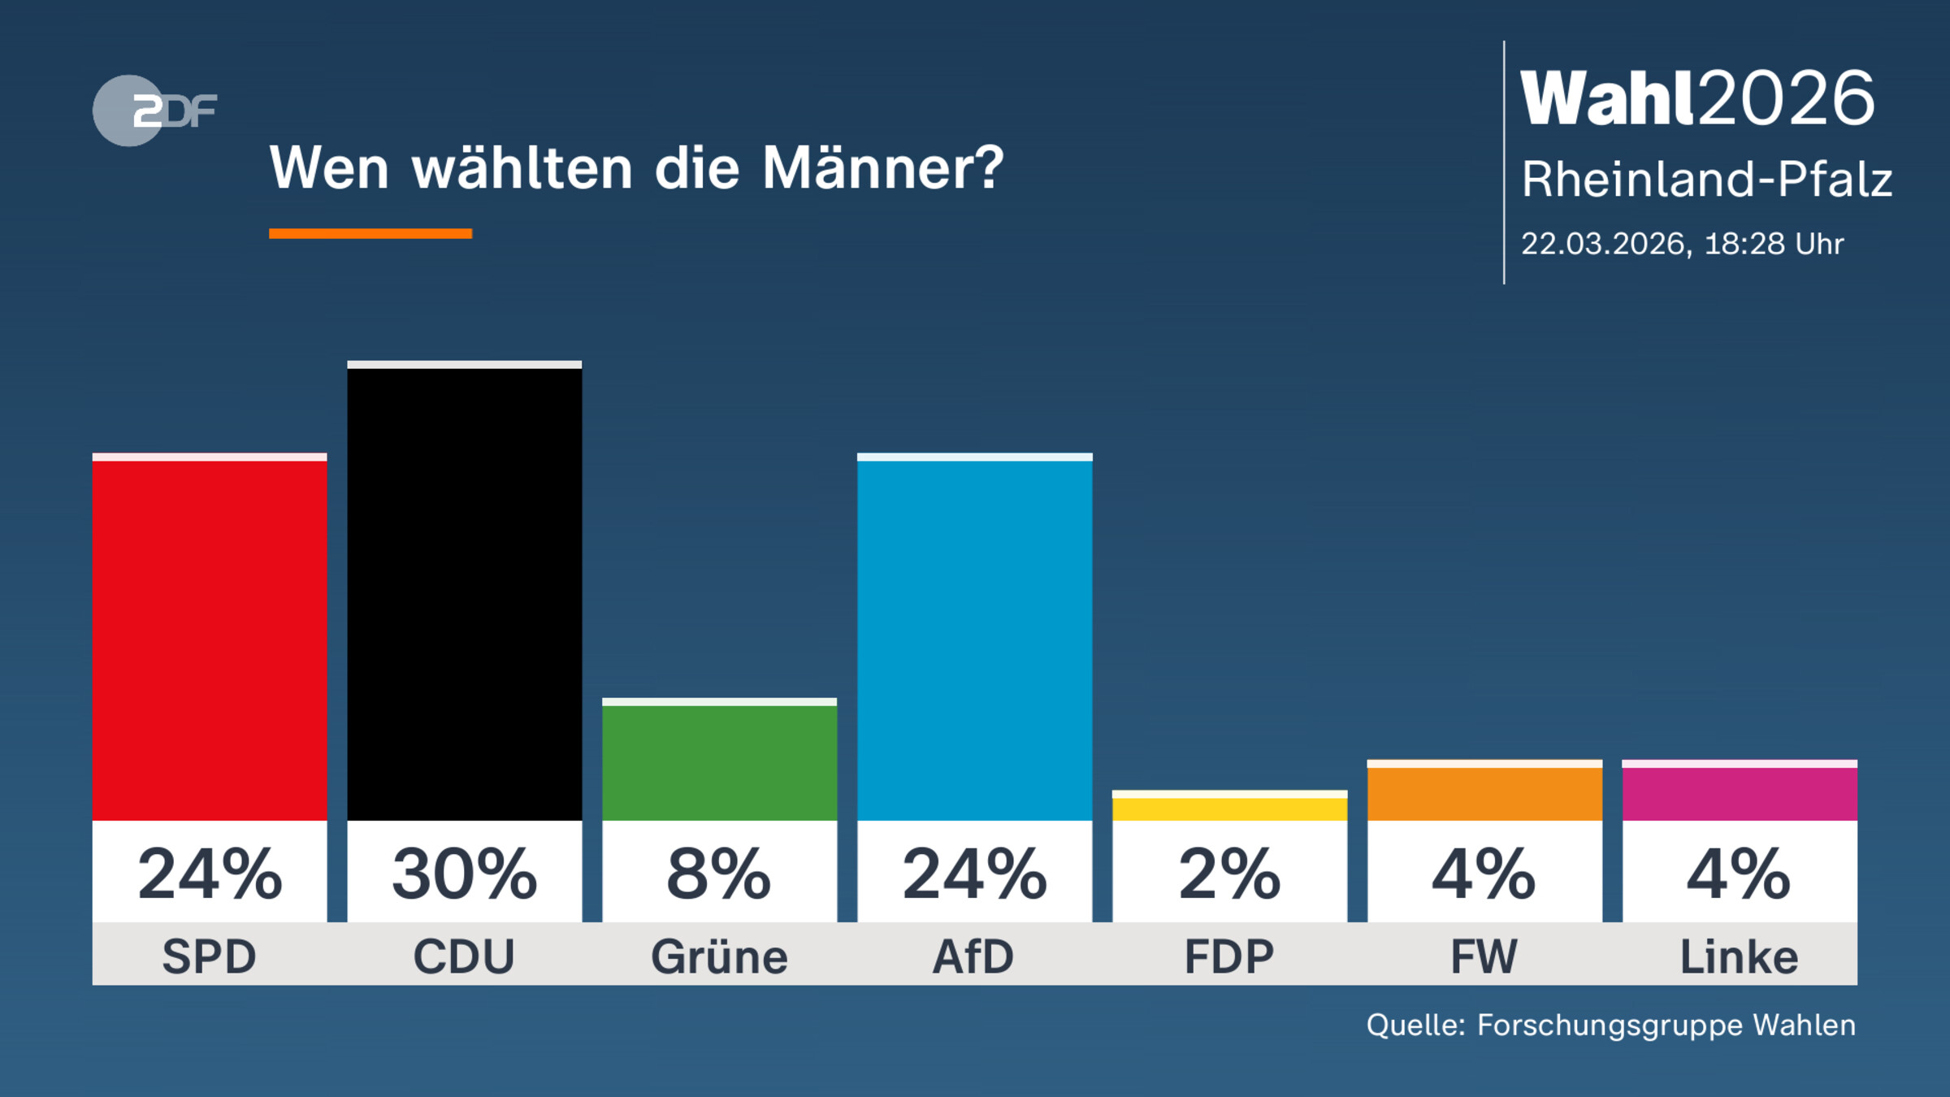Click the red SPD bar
(210, 638)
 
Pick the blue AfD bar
(974, 638)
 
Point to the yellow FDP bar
(1229, 808)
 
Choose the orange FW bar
(1484, 791)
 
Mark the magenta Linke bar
(1740, 791)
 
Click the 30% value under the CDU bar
(464, 874)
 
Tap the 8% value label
(719, 874)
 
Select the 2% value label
(1229, 874)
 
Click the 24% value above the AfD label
(974, 874)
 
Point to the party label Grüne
(719, 956)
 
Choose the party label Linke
(1740, 956)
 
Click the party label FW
(1484, 956)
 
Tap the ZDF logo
(154, 111)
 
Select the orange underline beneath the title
(370, 234)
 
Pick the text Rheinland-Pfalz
(1706, 180)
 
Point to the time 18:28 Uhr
(1774, 244)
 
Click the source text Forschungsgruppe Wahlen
(1666, 1025)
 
